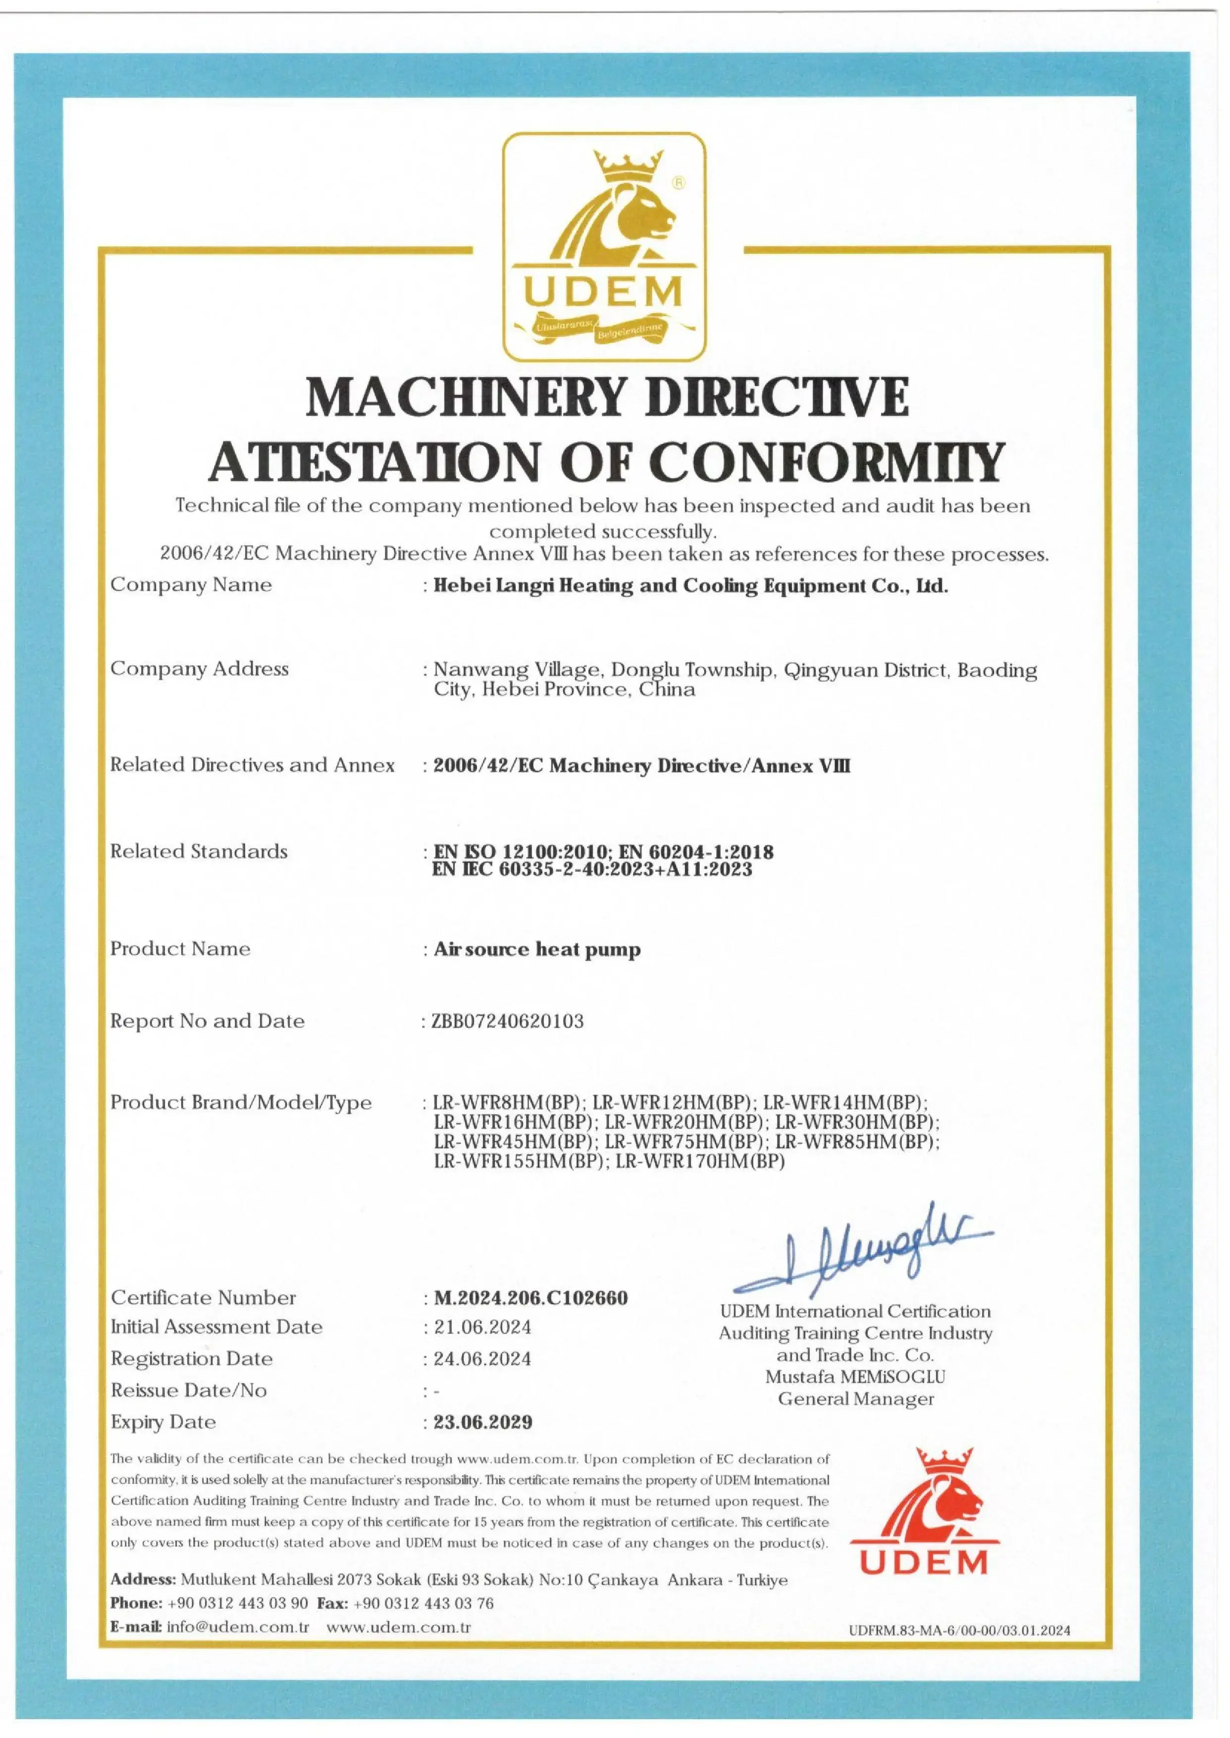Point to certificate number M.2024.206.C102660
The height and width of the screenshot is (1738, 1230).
pos(530,1298)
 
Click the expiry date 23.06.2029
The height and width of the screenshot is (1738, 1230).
pos(482,1422)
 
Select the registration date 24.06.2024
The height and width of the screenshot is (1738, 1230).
pos(482,1359)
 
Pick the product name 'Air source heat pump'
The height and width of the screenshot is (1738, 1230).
pos(536,949)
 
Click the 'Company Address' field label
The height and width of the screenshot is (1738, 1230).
pos(199,669)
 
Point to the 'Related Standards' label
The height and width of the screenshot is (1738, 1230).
pos(199,851)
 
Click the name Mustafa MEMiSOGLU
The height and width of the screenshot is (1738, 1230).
pos(855,1376)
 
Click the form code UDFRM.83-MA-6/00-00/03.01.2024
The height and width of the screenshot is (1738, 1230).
pos(960,1631)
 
